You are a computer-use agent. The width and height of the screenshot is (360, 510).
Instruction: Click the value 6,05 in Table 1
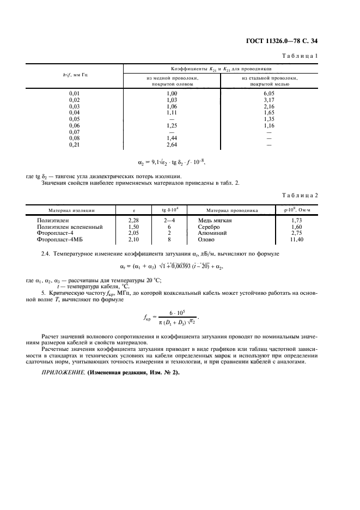268,93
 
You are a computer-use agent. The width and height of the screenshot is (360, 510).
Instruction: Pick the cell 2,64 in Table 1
172,145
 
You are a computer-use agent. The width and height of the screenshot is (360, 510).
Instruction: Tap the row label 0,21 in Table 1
75,145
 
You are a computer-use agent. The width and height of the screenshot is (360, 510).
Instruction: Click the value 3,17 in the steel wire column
268,100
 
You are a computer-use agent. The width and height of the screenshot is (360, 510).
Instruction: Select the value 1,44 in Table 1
172,139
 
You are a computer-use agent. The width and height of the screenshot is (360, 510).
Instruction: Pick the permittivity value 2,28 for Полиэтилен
133,220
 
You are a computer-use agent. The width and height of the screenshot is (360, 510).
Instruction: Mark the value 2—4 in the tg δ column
169,220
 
